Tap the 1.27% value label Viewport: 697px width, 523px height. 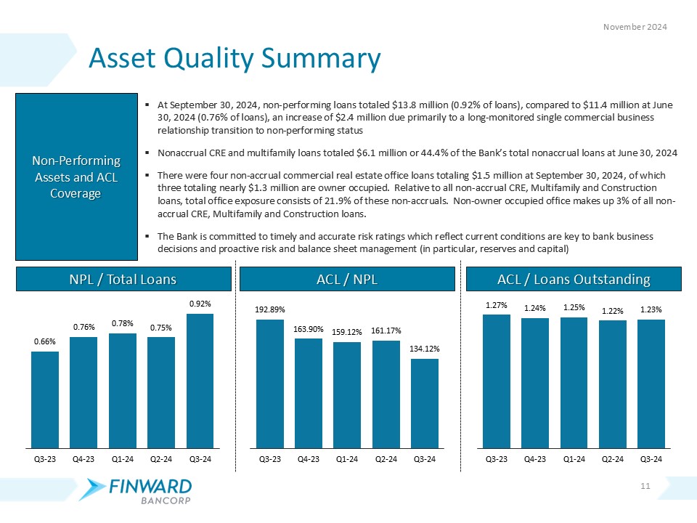coord(497,304)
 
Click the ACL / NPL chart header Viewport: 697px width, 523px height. coord(346,280)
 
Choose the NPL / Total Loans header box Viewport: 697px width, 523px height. coord(123,280)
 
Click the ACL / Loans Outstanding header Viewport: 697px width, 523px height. coord(574,280)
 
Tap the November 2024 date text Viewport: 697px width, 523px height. coord(636,27)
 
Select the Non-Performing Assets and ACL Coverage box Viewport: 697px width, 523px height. coord(76,177)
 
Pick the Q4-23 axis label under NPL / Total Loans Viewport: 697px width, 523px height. coord(83,459)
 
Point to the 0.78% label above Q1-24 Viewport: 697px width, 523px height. coord(122,323)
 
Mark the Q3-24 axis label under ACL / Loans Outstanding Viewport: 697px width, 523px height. coord(651,459)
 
